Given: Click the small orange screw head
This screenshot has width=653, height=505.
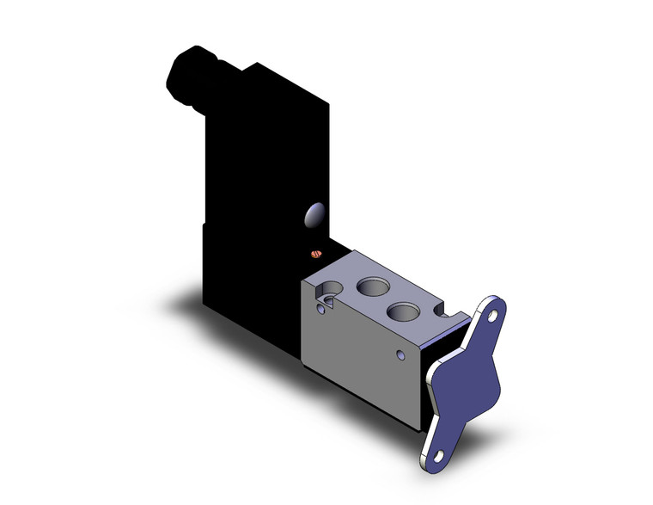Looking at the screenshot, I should coord(315,254).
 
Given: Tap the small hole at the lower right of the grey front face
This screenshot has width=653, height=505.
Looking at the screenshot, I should coord(399,354).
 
